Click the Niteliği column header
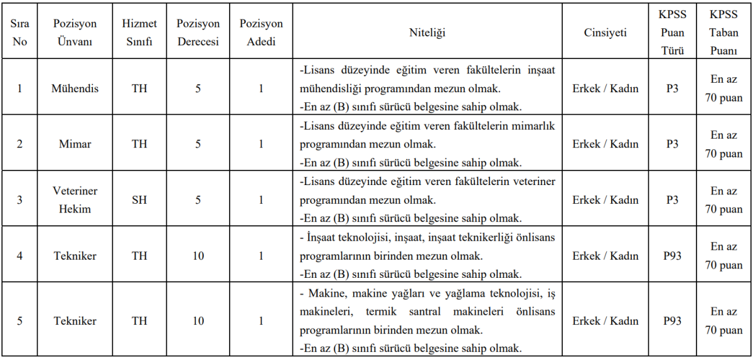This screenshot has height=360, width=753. click(x=427, y=33)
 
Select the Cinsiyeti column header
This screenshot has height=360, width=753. click(x=605, y=33)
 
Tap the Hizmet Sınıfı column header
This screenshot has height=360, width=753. click(x=139, y=33)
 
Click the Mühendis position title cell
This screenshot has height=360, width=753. click(x=75, y=88)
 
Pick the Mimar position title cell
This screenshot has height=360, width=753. click(x=75, y=144)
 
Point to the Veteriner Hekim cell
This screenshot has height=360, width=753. click(x=75, y=200)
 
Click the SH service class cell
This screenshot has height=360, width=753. click(x=139, y=200)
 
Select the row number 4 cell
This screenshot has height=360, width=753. click(x=19, y=256)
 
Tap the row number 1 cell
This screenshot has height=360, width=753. click(x=19, y=88)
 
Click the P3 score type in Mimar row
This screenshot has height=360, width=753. click(x=672, y=144)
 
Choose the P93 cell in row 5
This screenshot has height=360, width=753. click(x=672, y=321)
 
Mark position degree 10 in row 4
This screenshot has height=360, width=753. click(x=198, y=256)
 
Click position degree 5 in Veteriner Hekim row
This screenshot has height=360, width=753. click(x=198, y=200)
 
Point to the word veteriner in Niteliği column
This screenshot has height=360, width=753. click(x=533, y=181)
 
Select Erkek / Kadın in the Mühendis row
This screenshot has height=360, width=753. click(x=605, y=88)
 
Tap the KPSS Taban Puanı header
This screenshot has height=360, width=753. click(x=724, y=33)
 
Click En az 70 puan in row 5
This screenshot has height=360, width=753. click(x=724, y=321)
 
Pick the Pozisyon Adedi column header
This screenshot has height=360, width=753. click(x=261, y=33)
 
